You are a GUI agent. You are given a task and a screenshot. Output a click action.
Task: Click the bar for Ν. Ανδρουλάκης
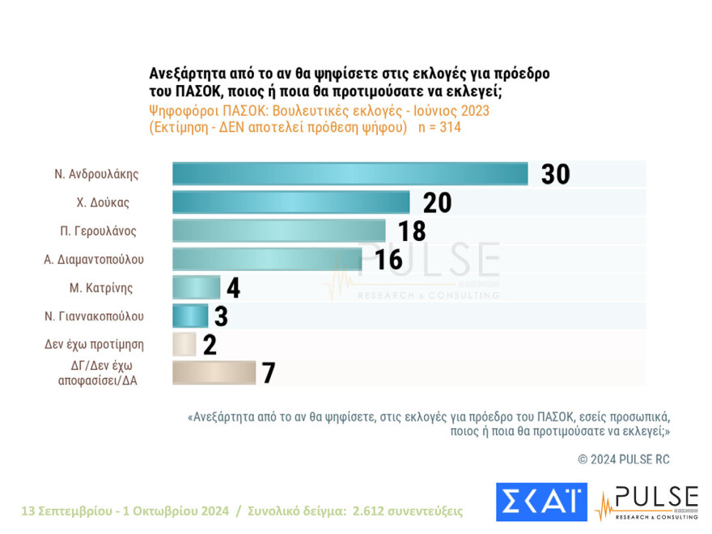[x=350, y=174]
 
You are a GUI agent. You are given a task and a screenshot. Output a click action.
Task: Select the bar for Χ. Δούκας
[x=290, y=202]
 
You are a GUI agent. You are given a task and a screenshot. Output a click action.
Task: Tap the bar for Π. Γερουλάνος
[x=278, y=231]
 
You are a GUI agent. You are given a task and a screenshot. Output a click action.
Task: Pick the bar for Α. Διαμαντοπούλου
[x=266, y=259]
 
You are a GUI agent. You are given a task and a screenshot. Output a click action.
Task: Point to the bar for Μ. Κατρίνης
[x=196, y=287]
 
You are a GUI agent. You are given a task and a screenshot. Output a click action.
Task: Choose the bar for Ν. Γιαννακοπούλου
[x=190, y=316]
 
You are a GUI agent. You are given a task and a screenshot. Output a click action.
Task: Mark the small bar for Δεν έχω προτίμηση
[x=184, y=344]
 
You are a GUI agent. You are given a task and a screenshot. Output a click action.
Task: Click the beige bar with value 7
[x=214, y=372]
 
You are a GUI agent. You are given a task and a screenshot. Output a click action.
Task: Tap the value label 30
[x=555, y=174]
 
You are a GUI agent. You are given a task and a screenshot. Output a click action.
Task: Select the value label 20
[x=437, y=202]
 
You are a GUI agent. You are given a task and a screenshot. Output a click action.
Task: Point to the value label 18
[x=412, y=231]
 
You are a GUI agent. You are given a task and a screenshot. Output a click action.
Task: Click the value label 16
[x=388, y=259]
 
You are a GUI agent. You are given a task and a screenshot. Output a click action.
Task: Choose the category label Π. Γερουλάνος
[x=99, y=231]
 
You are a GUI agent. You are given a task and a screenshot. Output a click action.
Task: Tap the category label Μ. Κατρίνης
[x=101, y=287]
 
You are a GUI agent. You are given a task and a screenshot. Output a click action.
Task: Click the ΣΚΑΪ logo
[x=541, y=502]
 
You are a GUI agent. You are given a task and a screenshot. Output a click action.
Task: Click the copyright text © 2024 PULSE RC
[x=624, y=460]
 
